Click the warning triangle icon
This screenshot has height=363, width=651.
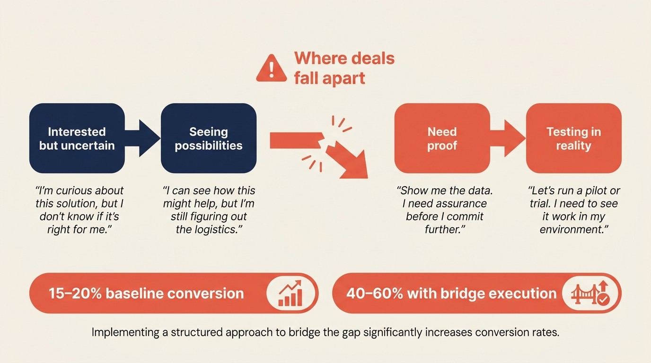point(271,69)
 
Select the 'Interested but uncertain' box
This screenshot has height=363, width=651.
point(77,138)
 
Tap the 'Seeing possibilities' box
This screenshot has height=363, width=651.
point(209,138)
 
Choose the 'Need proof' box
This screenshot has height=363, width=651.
point(442,138)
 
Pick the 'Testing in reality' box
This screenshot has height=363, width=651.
point(573,138)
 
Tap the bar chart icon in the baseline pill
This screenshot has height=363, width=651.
point(290,294)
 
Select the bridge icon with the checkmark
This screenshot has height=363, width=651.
point(590,294)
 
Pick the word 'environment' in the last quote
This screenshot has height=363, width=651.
point(572,230)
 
